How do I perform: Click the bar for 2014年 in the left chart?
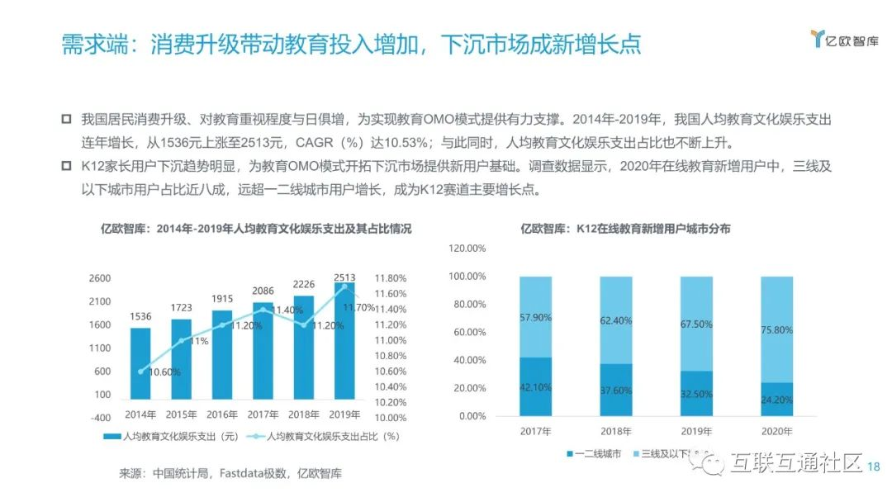coord(140,363)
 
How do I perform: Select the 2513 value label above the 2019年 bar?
coord(344,277)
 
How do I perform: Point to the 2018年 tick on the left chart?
coord(304,414)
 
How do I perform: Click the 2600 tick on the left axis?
coord(99,278)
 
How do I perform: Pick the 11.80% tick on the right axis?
coord(391,278)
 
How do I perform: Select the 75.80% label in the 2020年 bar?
coord(776,329)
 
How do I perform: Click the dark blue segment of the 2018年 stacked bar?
coord(616,390)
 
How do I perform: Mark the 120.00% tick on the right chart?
coord(467,248)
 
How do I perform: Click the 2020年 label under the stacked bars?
coord(776,431)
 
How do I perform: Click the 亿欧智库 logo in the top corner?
coord(844,40)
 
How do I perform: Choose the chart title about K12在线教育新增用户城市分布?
coord(625,229)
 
